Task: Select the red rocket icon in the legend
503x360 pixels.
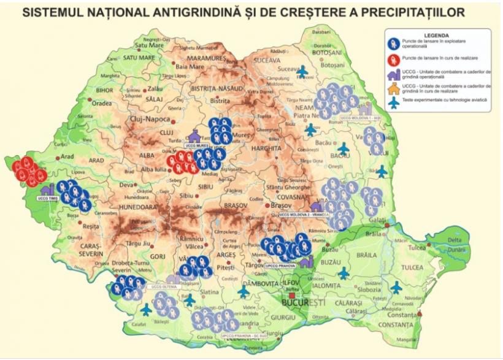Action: [x=393, y=58]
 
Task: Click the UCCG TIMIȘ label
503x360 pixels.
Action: [x=48, y=199]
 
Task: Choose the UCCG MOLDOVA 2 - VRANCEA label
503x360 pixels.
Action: [x=304, y=215]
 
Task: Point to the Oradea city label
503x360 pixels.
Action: [x=102, y=103]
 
